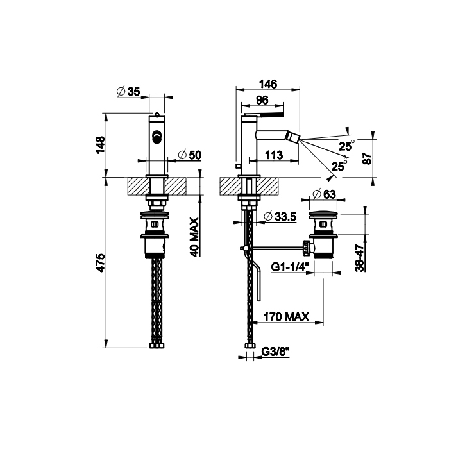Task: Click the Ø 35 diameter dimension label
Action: coord(128,91)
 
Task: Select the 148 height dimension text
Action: coord(101,145)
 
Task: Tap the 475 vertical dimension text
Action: coord(101,262)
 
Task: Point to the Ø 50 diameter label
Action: coord(190,155)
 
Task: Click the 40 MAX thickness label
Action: coord(194,237)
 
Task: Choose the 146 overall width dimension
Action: coord(268,84)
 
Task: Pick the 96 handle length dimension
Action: coord(262,100)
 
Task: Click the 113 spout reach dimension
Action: coord(274,155)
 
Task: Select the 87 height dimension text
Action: coord(367,158)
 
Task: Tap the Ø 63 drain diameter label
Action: coord(324,194)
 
